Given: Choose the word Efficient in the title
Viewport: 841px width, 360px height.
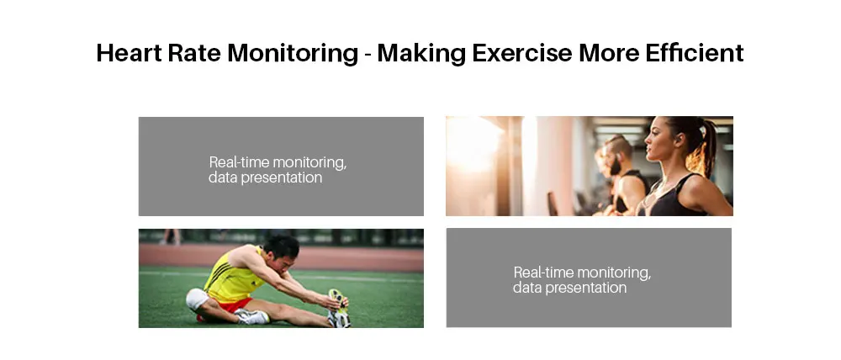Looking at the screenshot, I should coord(700,53).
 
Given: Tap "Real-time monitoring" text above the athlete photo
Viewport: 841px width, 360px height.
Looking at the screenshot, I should coord(278,162).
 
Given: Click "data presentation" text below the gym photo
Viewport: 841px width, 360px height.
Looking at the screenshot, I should coord(569,288).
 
